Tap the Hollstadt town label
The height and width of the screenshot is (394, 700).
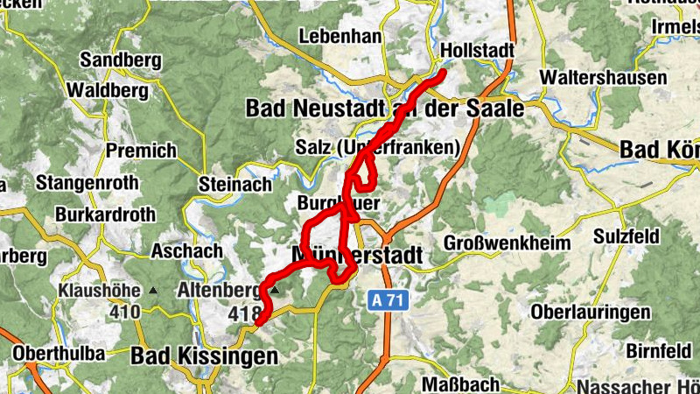pos(478,50)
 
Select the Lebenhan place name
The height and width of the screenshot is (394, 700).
pos(340,37)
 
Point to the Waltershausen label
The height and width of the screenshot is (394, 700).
pos(604,77)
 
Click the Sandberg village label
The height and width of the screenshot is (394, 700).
pos(121,60)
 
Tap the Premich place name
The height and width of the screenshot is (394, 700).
pos(141,151)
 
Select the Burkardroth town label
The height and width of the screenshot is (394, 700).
pos(105,214)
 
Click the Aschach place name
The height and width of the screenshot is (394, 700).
pos(186,250)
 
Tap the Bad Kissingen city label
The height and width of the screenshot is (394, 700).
pos(205,356)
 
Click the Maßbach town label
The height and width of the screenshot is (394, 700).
pos(460,383)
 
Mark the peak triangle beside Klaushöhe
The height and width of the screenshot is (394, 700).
pos(154,290)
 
